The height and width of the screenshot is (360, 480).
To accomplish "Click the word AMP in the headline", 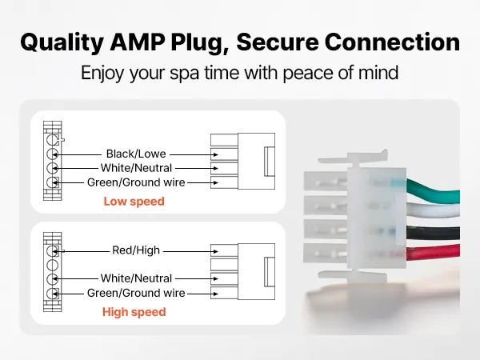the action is coord(137,42).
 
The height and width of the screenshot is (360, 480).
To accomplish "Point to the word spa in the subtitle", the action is coord(184,74).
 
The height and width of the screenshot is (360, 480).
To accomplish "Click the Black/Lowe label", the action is coord(136,154).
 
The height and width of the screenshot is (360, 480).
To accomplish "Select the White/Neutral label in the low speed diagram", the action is coord(136,168).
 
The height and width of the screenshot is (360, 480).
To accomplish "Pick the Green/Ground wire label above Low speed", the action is coord(136,182).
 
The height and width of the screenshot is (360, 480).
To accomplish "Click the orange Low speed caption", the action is coord(134,202).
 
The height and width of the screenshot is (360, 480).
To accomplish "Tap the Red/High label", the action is coord(136,250).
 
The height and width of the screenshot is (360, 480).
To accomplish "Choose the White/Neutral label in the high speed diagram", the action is coord(136,278).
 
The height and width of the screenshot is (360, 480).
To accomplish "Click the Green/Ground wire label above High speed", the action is coord(136,293).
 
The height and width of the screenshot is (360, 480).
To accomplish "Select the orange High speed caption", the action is coord(134,312).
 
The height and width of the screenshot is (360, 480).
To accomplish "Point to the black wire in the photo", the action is coord(433,234).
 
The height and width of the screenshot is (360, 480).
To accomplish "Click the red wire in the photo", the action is coord(433,253).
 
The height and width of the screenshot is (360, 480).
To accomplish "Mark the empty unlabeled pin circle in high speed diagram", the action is coord(52,265).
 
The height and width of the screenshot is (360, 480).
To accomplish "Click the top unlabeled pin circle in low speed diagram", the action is coord(52,140).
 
